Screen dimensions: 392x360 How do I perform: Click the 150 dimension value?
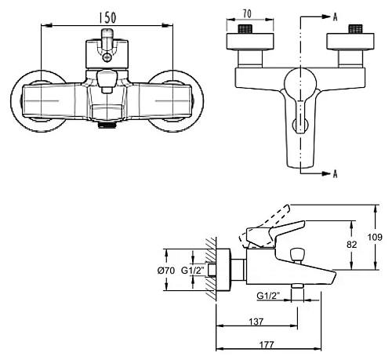pyautogui.click(x=107, y=18)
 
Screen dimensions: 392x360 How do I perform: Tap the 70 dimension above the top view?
pyautogui.click(x=247, y=14)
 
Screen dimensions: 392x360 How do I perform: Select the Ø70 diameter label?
pyautogui.click(x=166, y=271)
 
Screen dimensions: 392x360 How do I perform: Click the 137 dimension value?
pyautogui.click(x=256, y=322)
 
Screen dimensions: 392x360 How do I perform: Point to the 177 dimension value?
pyautogui.click(x=267, y=345)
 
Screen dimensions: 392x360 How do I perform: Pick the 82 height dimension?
pyautogui.click(x=351, y=244)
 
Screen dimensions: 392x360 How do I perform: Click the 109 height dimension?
pyautogui.click(x=375, y=237)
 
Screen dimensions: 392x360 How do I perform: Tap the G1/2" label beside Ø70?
pyautogui.click(x=193, y=271)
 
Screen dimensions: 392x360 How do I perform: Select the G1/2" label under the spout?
pyautogui.click(x=268, y=296)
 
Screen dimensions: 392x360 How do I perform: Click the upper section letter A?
pyautogui.click(x=336, y=17)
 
